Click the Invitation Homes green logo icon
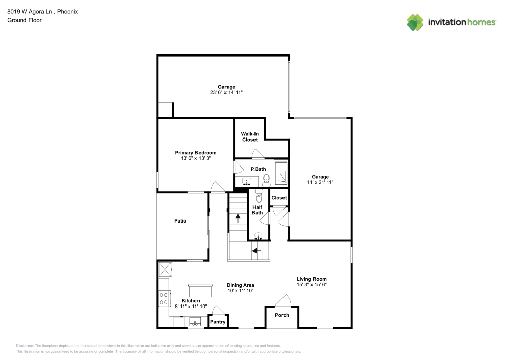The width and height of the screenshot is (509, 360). point(415,22)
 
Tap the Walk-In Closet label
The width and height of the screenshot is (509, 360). point(249,136)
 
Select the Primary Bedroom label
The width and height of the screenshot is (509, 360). point(195,153)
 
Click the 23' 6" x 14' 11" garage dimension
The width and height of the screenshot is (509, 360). point(227,92)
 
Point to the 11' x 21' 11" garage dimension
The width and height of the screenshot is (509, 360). point(320,182)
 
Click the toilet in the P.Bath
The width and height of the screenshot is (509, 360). point(266,180)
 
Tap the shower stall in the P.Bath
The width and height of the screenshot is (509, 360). point(281,174)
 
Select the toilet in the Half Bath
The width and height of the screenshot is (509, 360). point(259,196)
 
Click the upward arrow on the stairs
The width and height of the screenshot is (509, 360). point(238,218)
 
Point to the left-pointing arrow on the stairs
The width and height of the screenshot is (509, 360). point(257,251)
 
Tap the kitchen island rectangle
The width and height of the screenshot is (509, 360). point(200,291)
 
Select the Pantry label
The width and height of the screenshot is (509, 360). point(218,322)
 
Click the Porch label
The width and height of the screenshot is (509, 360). point(282,315)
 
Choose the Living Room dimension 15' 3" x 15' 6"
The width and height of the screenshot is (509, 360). point(312,285)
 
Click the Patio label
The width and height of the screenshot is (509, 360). point(180,221)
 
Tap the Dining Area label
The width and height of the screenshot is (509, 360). point(240,285)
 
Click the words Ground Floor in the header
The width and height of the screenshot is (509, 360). point(24,20)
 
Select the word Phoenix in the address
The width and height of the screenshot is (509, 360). point(68,11)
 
